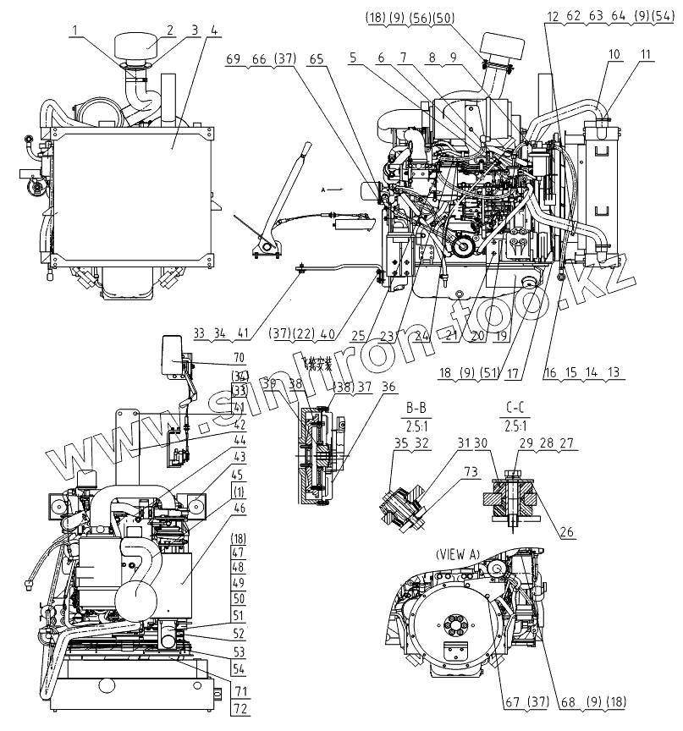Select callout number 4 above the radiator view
(213, 30)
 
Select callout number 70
(238, 357)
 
